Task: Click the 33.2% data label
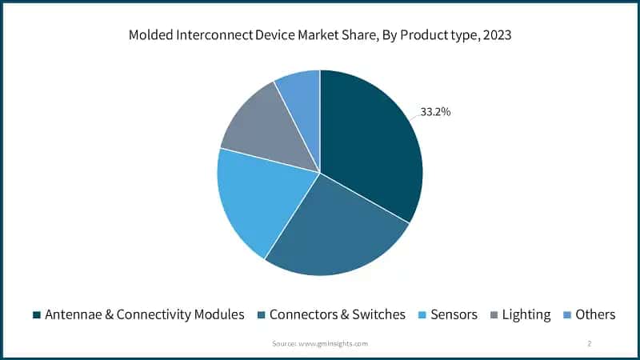point(435,112)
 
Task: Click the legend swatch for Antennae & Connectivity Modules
point(37,314)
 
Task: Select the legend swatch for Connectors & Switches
point(261,314)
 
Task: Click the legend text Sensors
point(454,314)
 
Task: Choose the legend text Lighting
point(526,314)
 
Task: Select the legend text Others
point(595,314)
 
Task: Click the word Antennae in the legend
point(73,314)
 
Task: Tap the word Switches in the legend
point(378,314)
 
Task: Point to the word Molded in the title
point(150,35)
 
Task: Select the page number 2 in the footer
point(589,343)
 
